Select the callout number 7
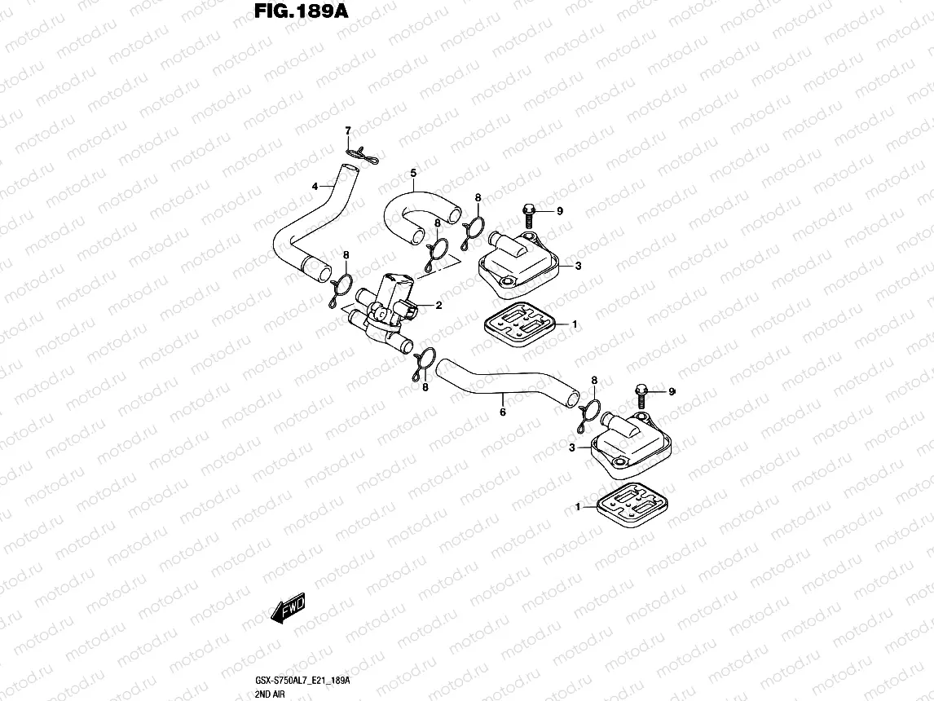pyautogui.click(x=347, y=131)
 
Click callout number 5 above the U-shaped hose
pyautogui.click(x=413, y=173)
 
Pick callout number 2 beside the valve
pyautogui.click(x=438, y=306)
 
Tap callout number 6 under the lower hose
pyautogui.click(x=502, y=412)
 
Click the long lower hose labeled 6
pyautogui.click(x=505, y=387)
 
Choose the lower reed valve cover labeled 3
pyautogui.click(x=631, y=444)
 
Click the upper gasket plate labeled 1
pyautogui.click(x=519, y=326)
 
